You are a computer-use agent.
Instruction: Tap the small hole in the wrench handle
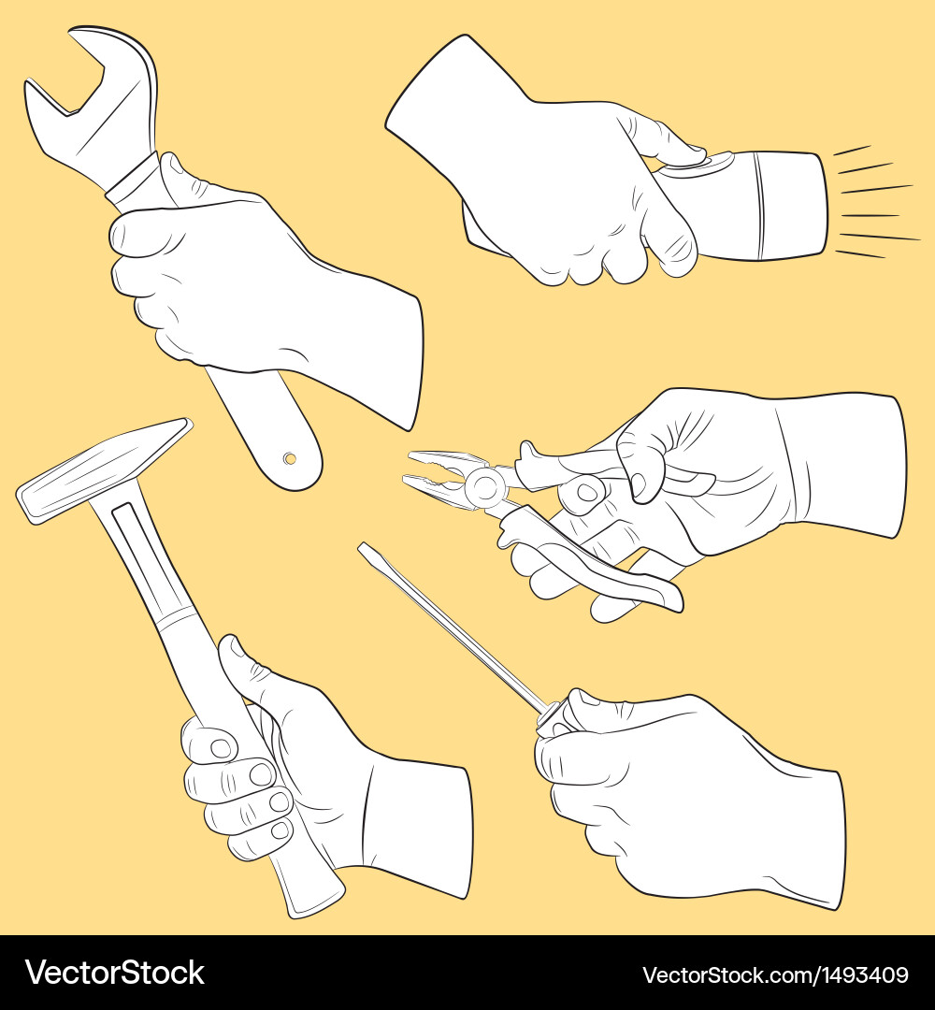pyautogui.click(x=290, y=458)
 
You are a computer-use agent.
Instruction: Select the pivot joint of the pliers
pyautogui.click(x=484, y=485)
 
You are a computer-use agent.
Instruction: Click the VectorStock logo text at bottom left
pyautogui.click(x=114, y=973)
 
